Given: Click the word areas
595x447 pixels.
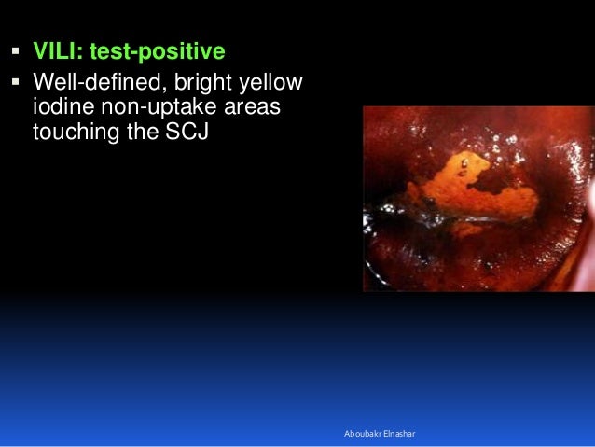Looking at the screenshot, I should pyautogui.click(x=249, y=109).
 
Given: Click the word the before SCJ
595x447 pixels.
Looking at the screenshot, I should pyautogui.click(x=149, y=132).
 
